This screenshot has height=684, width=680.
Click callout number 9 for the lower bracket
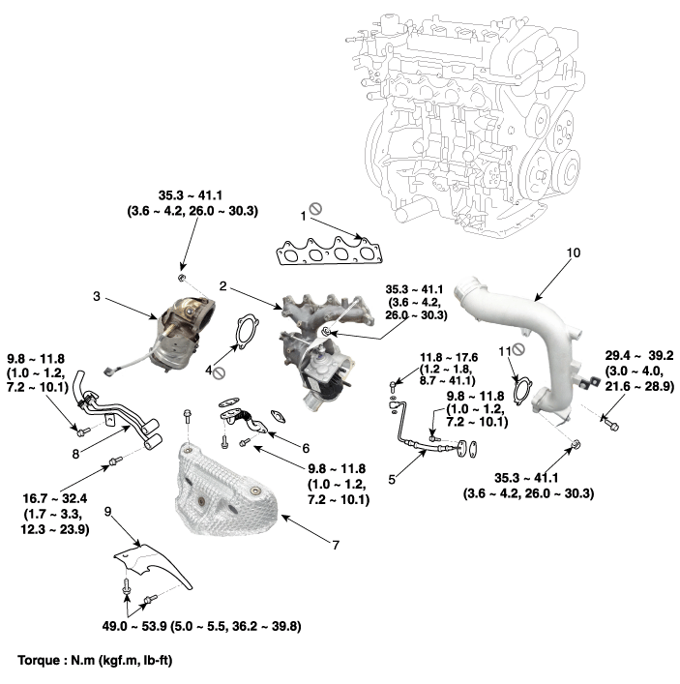108,510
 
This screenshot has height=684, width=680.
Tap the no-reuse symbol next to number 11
519,348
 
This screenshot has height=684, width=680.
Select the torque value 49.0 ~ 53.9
134,627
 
